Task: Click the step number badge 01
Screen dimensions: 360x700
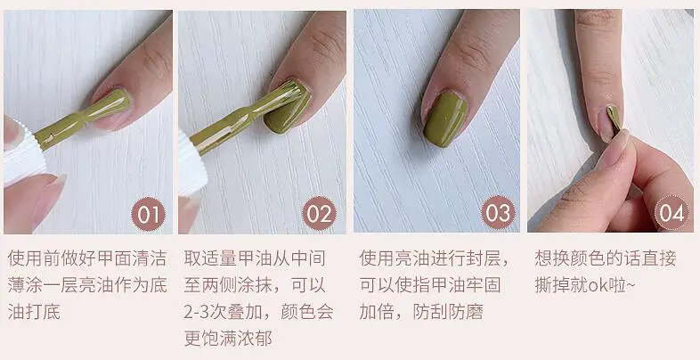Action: click(x=148, y=215)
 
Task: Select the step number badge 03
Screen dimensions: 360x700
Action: click(x=497, y=215)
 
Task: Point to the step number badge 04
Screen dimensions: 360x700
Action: click(x=672, y=215)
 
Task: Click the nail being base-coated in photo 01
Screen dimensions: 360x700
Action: click(x=113, y=105)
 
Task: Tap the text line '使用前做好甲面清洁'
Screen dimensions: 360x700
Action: click(x=86, y=259)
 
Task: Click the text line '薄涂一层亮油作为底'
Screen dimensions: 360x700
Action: click(x=86, y=286)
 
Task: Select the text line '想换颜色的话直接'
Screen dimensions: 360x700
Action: click(x=605, y=259)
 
